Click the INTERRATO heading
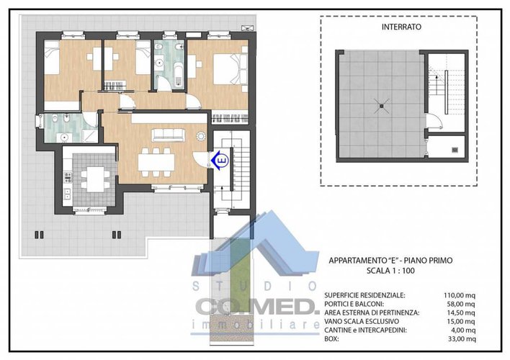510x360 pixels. [x=402, y=27]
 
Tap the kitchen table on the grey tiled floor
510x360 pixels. [x=94, y=176]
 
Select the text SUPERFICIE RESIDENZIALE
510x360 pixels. [x=364, y=295]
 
